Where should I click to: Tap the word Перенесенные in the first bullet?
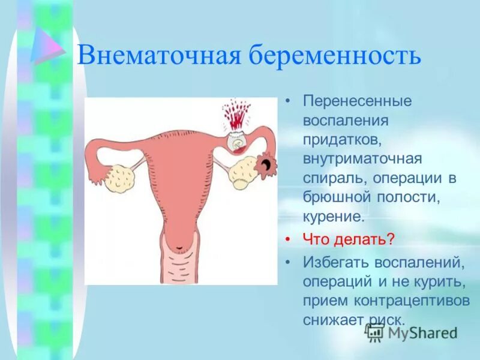(357, 101)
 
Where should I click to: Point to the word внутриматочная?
(362, 158)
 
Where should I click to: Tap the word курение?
(334, 217)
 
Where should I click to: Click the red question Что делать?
(349, 239)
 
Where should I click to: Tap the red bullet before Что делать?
(289, 239)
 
